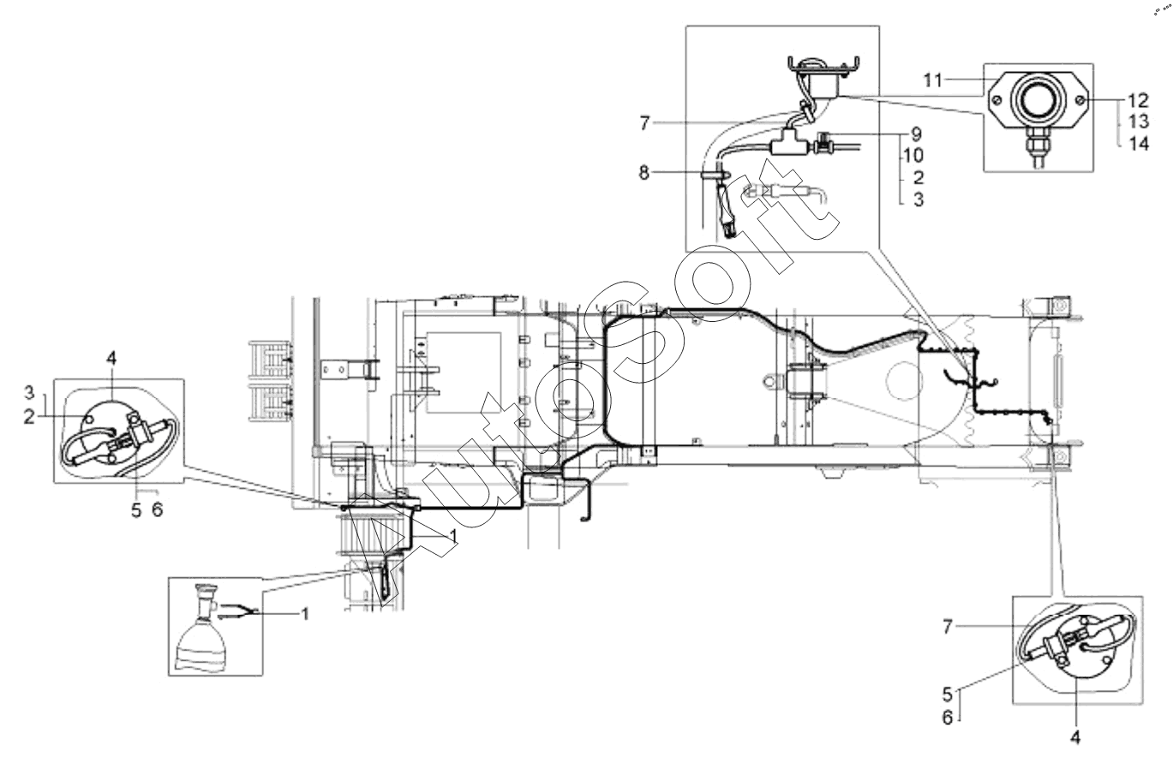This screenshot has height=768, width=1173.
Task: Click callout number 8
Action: (x=644, y=172)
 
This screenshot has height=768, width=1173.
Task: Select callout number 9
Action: (x=917, y=134)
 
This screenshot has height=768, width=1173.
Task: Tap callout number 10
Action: (x=913, y=155)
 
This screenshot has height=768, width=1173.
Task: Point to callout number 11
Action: (x=932, y=80)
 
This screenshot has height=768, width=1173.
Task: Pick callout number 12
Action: (x=1139, y=100)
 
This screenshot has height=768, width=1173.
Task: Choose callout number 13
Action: (x=1139, y=122)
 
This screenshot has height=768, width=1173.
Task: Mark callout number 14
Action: (x=1139, y=143)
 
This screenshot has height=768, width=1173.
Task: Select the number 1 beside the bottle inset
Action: (x=306, y=614)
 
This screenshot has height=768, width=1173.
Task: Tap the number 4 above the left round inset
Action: (x=111, y=359)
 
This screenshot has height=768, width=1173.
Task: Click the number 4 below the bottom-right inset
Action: (x=1075, y=738)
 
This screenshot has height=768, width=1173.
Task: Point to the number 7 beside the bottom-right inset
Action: (x=947, y=627)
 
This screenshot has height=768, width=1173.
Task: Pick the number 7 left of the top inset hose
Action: (x=644, y=123)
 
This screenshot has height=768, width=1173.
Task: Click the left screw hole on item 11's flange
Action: (x=997, y=100)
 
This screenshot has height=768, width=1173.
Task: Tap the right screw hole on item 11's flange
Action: (x=1080, y=100)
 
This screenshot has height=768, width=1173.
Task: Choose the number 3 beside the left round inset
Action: (x=29, y=392)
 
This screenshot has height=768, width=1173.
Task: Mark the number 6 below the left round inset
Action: (x=158, y=509)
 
